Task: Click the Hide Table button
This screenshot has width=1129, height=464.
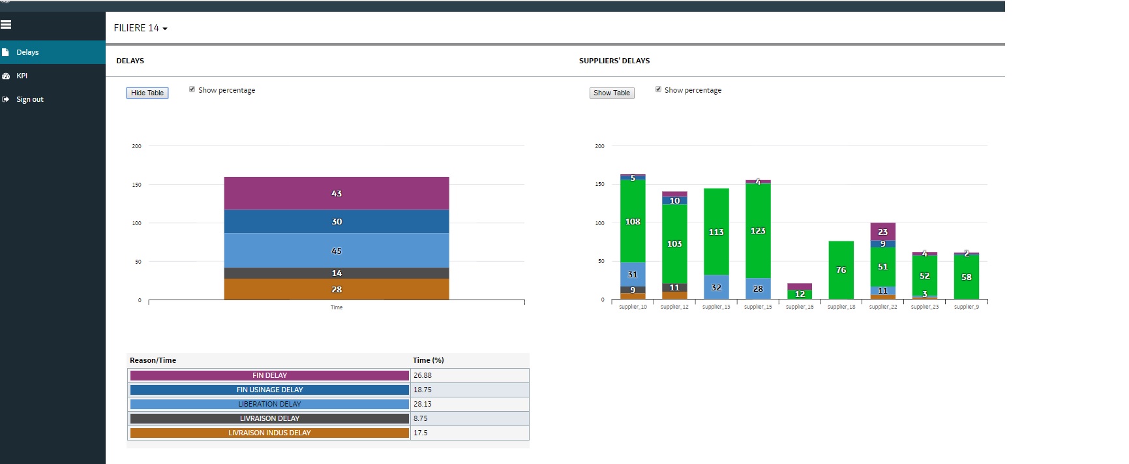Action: [147, 93]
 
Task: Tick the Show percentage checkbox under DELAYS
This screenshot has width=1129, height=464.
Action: [192, 89]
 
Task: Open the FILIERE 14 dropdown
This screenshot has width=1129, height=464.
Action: [140, 28]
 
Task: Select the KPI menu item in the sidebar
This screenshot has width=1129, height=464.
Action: [22, 76]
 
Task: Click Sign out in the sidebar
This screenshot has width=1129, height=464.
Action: [29, 99]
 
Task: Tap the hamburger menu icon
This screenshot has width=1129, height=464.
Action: [6, 25]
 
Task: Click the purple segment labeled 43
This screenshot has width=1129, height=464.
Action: [337, 193]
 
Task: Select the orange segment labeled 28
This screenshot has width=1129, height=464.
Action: [337, 289]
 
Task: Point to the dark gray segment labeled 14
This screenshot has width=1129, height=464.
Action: [337, 273]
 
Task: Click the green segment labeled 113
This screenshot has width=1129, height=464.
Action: [716, 232]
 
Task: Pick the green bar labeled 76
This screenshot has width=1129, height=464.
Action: [841, 270]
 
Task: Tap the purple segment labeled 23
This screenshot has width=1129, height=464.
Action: [882, 232]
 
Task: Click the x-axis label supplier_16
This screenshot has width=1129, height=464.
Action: [800, 307]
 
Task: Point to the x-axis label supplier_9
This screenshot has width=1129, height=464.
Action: [967, 307]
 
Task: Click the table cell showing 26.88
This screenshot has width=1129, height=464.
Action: [423, 375]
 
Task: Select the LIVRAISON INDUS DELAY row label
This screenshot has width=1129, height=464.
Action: [269, 433]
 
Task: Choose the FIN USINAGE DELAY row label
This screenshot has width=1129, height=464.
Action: [269, 390]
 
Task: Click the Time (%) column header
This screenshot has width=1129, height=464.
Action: [429, 360]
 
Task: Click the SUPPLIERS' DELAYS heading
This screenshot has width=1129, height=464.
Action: [614, 61]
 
